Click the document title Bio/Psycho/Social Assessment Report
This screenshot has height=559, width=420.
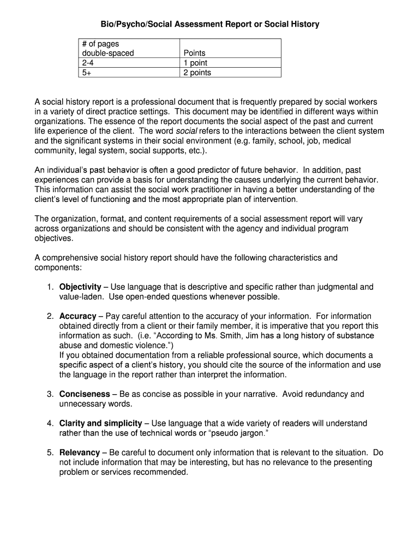(x=209, y=24)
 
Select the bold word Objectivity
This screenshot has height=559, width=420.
(x=80, y=287)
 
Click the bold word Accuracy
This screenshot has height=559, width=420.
(x=77, y=316)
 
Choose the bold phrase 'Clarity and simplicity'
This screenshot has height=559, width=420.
(x=100, y=424)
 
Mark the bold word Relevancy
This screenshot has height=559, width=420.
(x=80, y=453)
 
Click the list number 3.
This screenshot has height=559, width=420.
(x=49, y=394)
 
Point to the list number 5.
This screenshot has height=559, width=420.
(x=49, y=453)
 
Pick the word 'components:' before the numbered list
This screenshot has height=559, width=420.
(x=58, y=267)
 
